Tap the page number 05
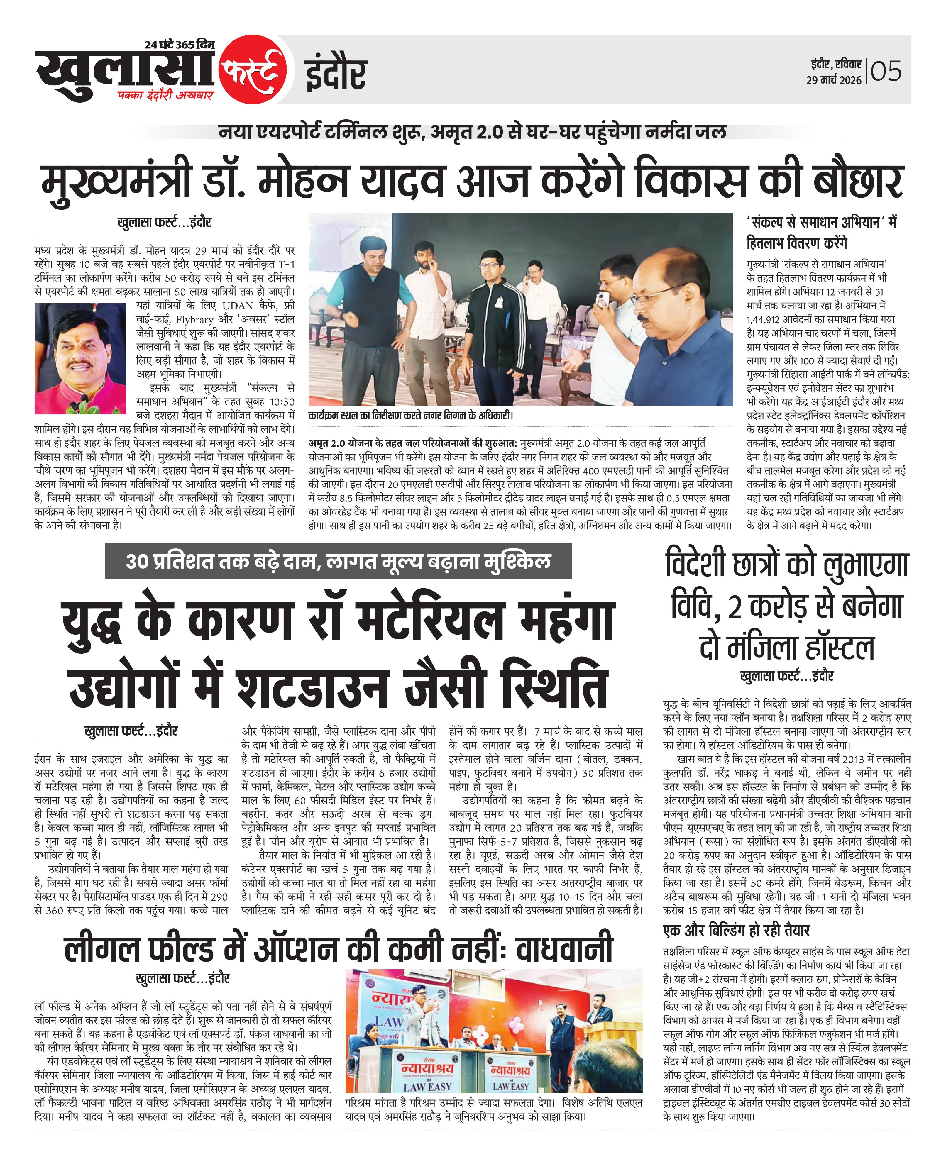[x=886, y=71]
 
